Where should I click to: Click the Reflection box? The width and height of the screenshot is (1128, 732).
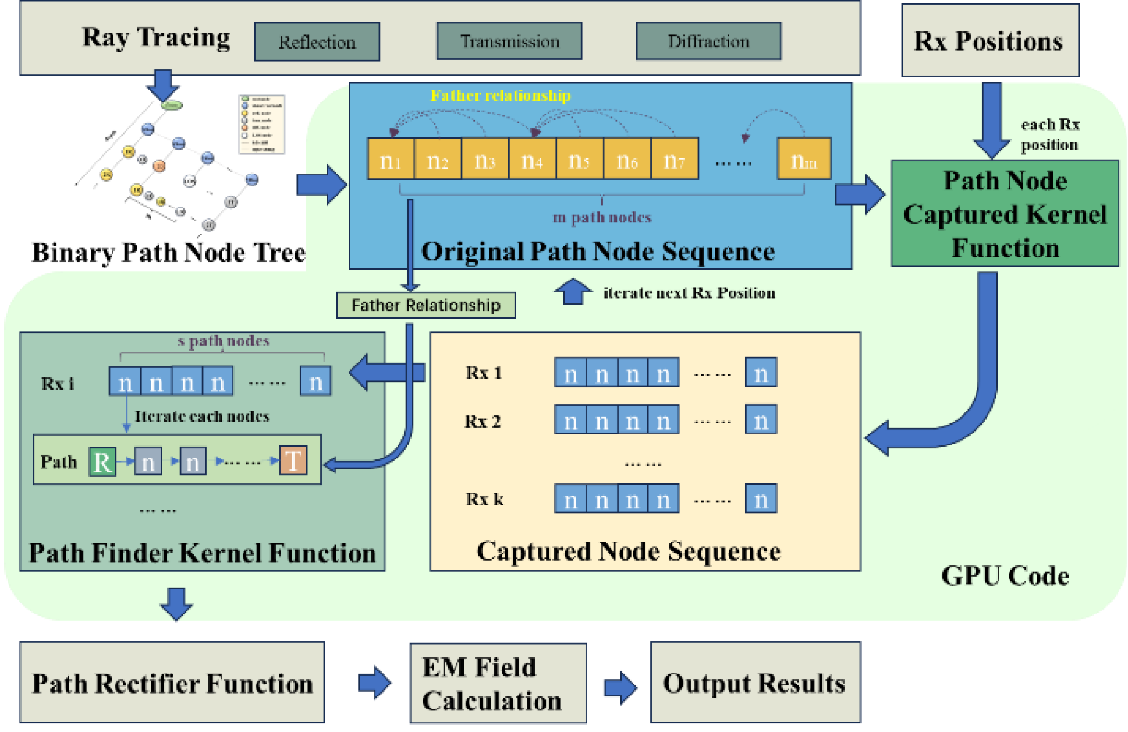pos(317,42)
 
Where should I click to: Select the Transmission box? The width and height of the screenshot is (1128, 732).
pos(509,41)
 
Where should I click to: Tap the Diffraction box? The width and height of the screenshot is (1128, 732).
pos(708,41)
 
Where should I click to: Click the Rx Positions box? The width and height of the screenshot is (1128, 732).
pos(989,41)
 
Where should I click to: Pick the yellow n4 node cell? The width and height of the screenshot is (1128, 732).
pos(532,159)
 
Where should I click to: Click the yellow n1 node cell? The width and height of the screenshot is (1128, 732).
pos(391,159)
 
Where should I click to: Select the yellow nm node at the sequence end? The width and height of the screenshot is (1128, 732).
pos(804,159)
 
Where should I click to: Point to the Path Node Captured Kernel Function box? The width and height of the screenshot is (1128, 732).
pos(1005,214)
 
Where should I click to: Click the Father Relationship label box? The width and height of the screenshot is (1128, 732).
pos(425,305)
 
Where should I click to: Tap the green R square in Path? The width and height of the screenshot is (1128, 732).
pos(102,462)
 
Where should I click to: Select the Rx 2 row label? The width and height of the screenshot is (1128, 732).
pos(483,421)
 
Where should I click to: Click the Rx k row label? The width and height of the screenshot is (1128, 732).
pos(484,499)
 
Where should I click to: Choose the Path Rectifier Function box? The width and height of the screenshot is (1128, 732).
pos(172,683)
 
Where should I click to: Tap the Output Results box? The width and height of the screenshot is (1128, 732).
pos(755,683)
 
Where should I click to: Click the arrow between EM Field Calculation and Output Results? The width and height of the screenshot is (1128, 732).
pos(620,688)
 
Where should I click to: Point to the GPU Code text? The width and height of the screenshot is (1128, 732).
pos(1005,576)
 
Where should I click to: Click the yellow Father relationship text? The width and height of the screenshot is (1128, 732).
pos(500,96)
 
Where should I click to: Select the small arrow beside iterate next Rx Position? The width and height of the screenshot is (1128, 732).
pos(573,291)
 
